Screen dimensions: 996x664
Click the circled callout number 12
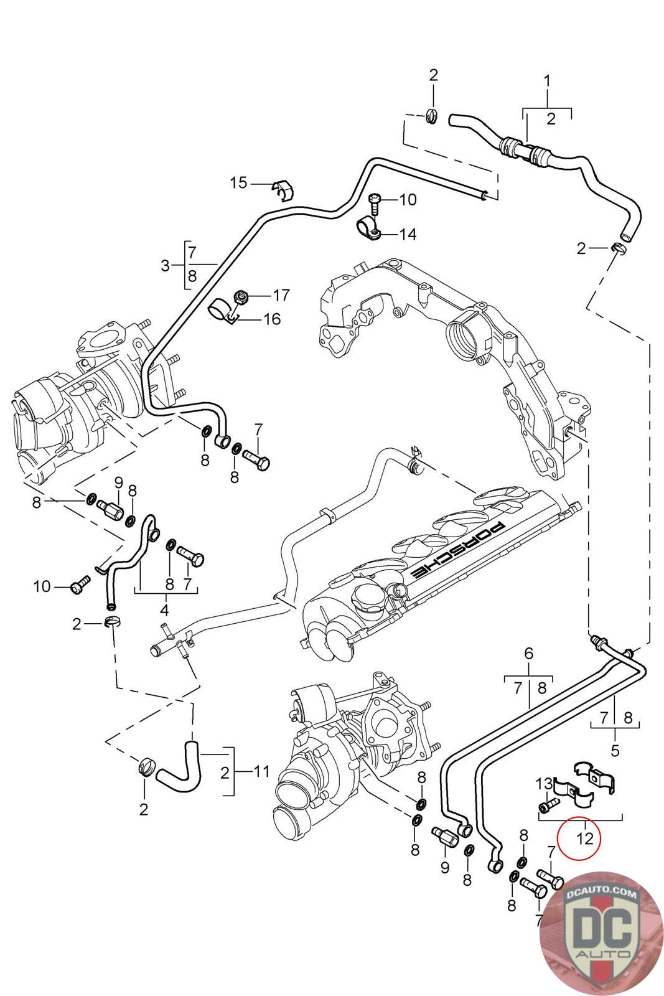584,837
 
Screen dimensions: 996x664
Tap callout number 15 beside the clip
238,182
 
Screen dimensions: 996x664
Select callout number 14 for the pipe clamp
408,234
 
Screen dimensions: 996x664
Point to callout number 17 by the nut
281,294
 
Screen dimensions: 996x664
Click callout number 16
272,319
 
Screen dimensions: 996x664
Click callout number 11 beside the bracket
261,771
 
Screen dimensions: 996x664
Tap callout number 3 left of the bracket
165,266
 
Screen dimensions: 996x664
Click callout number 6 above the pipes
528,653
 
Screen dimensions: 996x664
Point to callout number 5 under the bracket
615,750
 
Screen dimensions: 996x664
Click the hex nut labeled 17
242,295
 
